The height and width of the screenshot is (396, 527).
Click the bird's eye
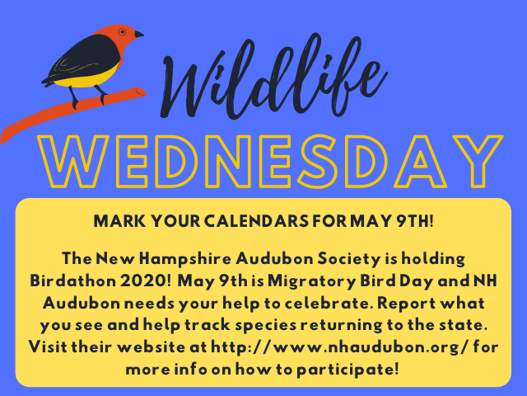(123, 31)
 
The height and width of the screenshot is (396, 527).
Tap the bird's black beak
(139, 34)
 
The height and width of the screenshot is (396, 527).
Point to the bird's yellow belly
(86, 78)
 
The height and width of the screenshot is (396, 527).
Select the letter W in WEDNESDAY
(73, 161)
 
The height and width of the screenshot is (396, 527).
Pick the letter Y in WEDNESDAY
(478, 161)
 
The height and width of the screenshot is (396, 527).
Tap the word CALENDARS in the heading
(256, 221)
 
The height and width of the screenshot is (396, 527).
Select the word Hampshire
(185, 259)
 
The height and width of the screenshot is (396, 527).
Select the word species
(266, 326)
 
